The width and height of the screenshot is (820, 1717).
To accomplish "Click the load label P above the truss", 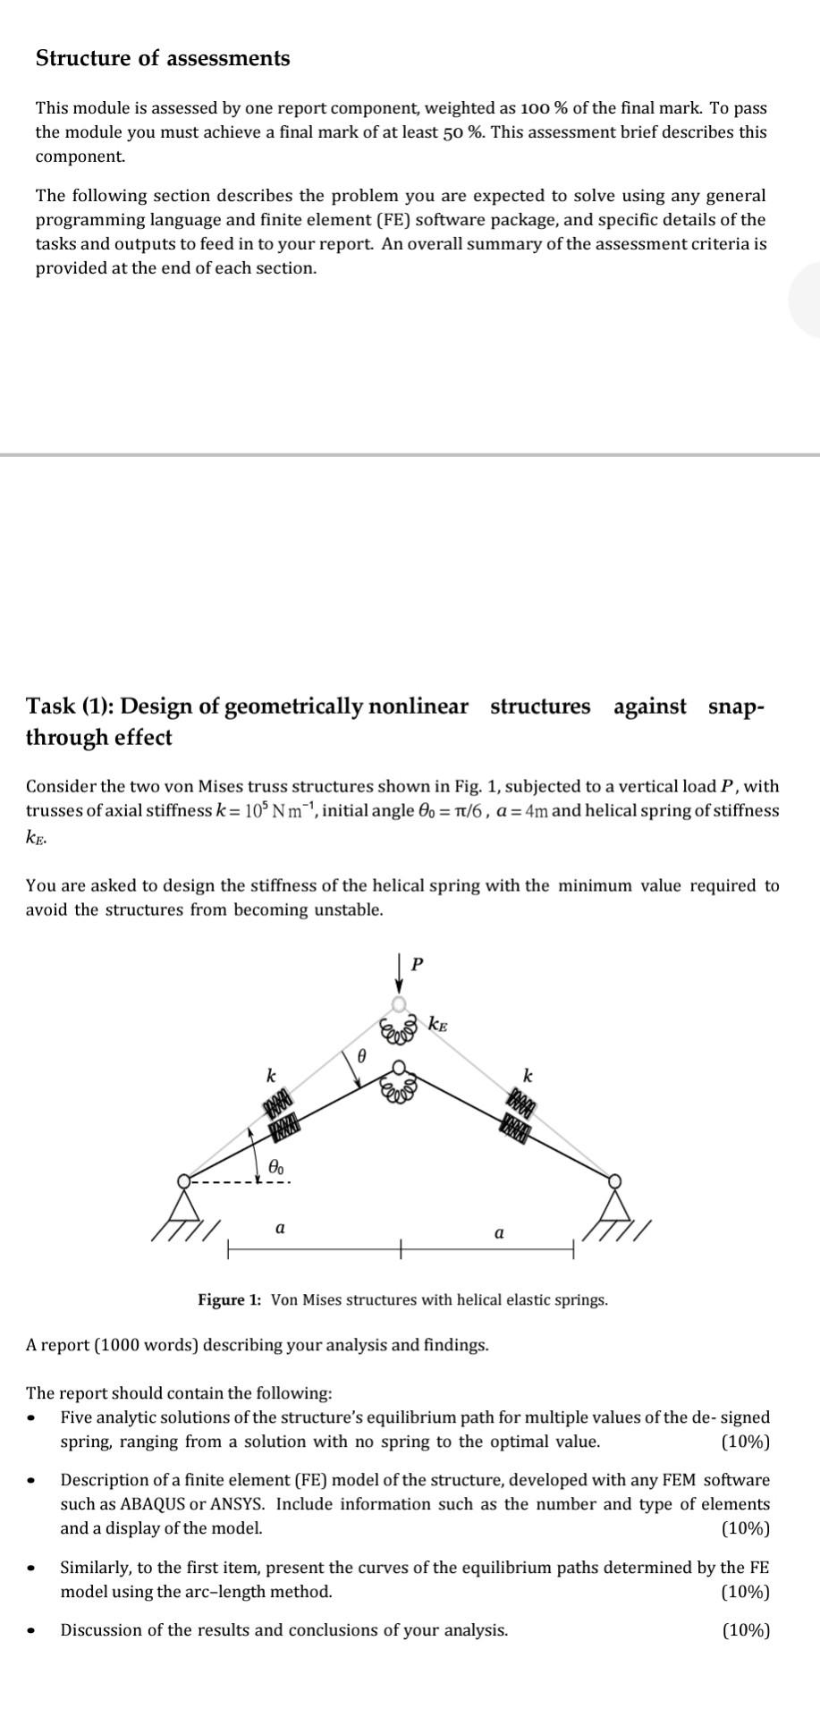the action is [416, 964].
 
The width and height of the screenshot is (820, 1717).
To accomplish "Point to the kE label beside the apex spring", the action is [438, 1024].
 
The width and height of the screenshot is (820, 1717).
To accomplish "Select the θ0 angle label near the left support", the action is [278, 1166].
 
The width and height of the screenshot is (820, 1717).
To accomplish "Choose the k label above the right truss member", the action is [528, 1074].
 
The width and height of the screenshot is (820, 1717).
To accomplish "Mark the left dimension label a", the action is [280, 1228].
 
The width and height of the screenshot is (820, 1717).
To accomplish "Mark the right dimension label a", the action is [498, 1232].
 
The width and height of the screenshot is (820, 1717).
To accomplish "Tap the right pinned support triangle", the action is [615, 1202].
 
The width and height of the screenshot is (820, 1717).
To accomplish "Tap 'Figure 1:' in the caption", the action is [230, 1299].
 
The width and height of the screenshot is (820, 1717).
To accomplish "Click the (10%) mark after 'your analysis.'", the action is [746, 1630].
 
